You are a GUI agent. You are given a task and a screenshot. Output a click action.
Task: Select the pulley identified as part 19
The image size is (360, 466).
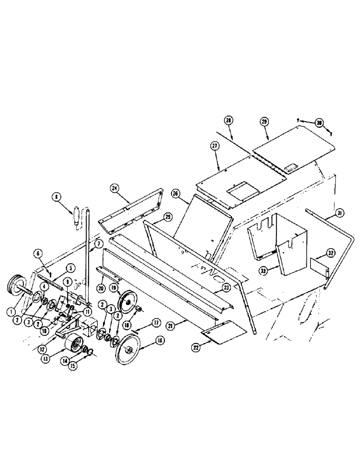click(126, 303)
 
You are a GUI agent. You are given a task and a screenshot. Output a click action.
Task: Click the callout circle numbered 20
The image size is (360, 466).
click(101, 288)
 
